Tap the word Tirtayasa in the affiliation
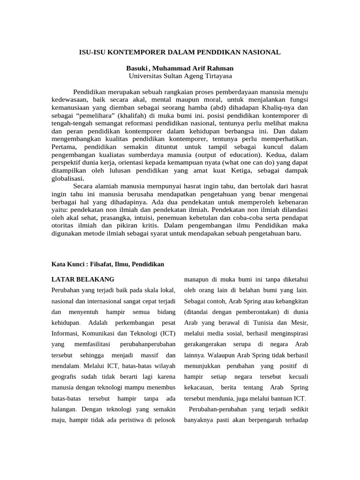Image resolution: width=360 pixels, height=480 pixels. tap(217, 75)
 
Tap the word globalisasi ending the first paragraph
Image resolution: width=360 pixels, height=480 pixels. tap(68, 179)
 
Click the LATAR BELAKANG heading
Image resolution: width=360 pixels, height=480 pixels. tap(82, 279)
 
